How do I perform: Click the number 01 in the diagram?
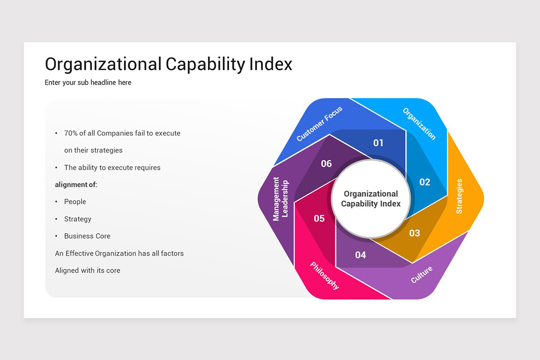click(378, 143)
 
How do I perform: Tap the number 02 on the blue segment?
click(425, 182)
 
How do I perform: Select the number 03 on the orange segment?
click(414, 233)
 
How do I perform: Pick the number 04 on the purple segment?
click(360, 255)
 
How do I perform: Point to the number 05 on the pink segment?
click(319, 218)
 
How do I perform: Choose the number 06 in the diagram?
click(326, 163)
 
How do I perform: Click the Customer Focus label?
click(319, 123)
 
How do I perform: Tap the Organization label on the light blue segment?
click(419, 124)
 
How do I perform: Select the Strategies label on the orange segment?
click(459, 196)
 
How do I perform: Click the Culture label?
click(422, 274)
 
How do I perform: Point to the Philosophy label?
click(324, 275)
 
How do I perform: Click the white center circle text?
click(371, 198)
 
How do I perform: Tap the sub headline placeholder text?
click(88, 82)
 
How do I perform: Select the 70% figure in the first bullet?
click(71, 133)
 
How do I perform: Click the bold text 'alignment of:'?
click(76, 184)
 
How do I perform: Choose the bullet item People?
click(75, 202)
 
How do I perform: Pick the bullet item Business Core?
click(87, 236)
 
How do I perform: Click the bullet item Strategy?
click(77, 219)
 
